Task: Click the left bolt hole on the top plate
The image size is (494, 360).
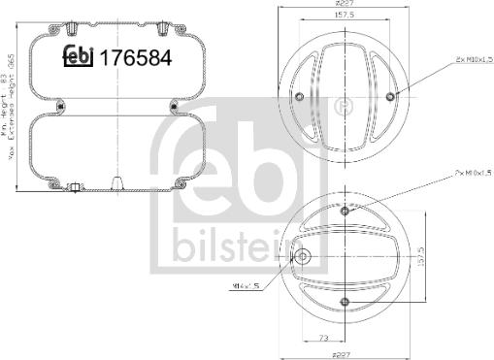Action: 300,95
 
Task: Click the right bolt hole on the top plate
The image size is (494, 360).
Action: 390,95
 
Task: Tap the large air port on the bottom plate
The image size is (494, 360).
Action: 304,257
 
